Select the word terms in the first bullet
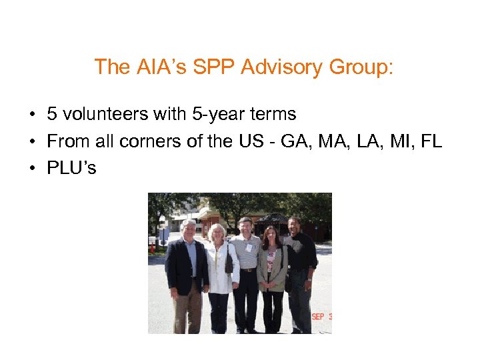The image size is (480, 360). click(271, 115)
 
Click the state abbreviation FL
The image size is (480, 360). click(431, 141)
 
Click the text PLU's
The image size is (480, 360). click(71, 168)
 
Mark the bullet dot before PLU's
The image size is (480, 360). click(32, 169)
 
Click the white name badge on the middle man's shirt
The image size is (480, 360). click(249, 248)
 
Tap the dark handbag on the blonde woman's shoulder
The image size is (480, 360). click(229, 265)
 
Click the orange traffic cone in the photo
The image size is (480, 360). click(153, 247)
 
